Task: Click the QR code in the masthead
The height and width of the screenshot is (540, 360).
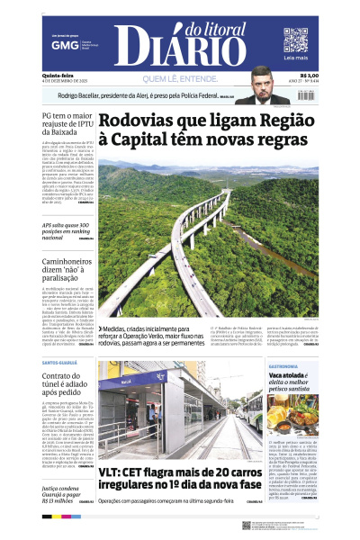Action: point(295,40)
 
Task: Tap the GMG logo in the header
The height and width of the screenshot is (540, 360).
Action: point(62,44)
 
